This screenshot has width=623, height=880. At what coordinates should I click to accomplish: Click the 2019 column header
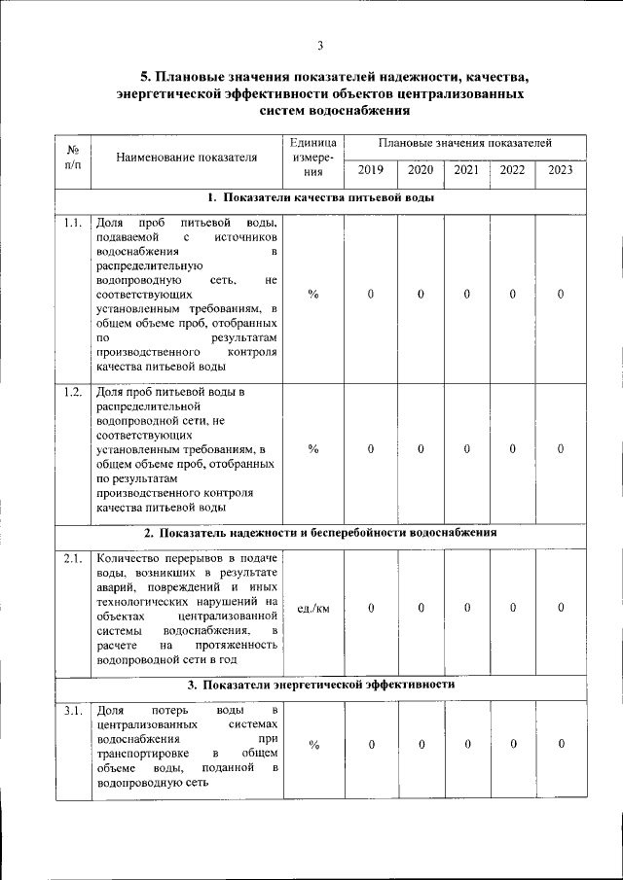click(371, 170)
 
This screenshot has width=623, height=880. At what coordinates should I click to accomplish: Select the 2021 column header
click(466, 170)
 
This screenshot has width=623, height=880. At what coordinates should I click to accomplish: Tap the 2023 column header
click(561, 170)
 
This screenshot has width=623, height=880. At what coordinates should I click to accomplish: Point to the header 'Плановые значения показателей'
click(466, 142)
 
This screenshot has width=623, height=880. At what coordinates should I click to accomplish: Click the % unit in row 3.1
click(313, 745)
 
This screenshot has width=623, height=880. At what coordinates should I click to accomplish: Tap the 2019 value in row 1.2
click(371, 448)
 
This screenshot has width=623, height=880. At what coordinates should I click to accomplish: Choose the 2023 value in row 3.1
click(562, 745)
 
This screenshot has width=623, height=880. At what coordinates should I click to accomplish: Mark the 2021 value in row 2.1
click(466, 609)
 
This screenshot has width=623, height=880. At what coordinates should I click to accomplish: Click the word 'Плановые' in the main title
click(191, 76)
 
